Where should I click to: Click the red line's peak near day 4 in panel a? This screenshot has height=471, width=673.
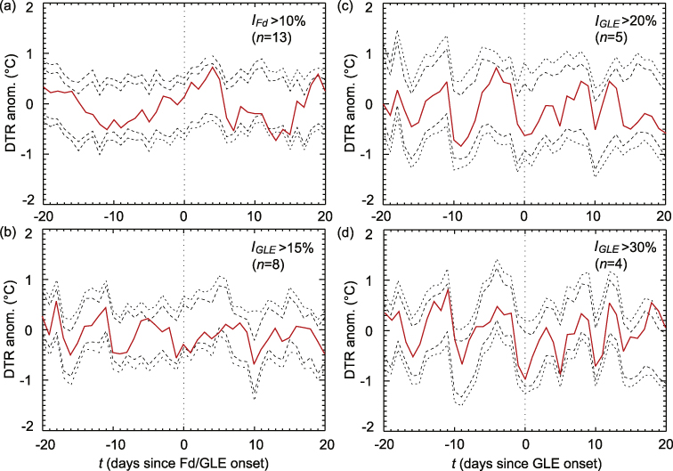coord(214,67)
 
